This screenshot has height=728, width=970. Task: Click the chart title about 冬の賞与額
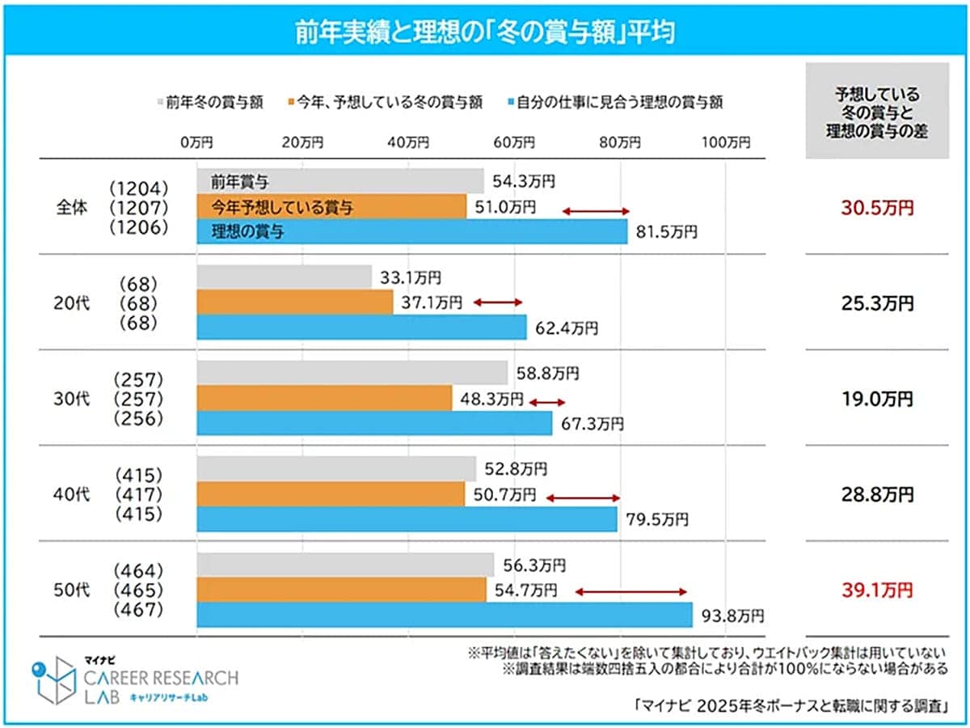pos(484,34)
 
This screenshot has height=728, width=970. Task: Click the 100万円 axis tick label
pos(725,143)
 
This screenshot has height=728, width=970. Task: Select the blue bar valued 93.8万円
pos(444,615)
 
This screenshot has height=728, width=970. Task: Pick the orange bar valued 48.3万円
pos(324,398)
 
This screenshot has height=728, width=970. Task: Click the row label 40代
pos(69,493)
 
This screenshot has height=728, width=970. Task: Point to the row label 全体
pos(69,208)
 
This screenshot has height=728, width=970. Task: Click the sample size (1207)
pos(139,208)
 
